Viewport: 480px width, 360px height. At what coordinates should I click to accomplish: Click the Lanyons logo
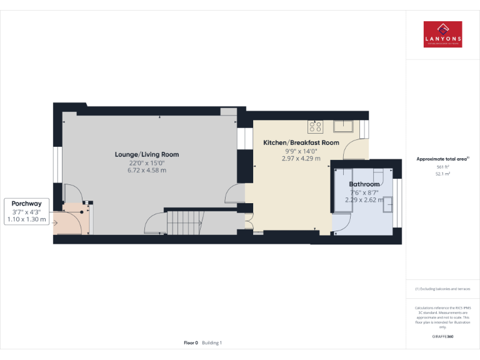tap(442, 34)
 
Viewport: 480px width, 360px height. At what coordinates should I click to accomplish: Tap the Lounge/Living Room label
tap(147, 154)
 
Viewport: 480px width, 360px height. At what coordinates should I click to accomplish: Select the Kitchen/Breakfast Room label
tap(301, 143)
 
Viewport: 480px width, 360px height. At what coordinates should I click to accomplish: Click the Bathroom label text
tap(364, 184)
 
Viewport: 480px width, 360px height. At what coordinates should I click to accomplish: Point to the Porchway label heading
tap(26, 203)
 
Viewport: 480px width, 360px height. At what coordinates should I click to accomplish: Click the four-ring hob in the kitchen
tap(315, 126)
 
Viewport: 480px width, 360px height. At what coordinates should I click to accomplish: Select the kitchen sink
tap(344, 126)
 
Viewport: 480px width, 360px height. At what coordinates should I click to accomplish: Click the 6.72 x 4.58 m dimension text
tap(147, 171)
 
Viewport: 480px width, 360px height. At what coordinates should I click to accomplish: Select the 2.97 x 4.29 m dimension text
tap(301, 159)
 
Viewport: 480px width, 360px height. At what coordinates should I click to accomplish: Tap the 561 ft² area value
tap(442, 167)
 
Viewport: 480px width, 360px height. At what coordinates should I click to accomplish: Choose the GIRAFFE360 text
tap(442, 337)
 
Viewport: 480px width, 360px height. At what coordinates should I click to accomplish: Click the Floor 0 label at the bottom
tap(191, 342)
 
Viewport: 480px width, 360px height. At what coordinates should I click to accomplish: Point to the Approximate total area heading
tap(441, 159)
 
